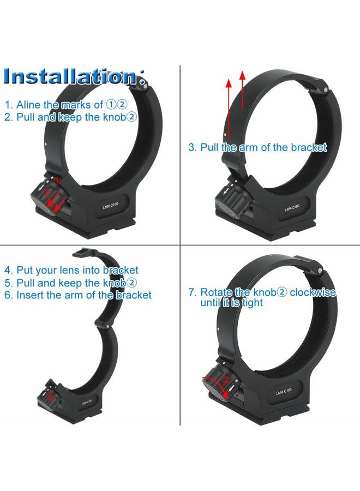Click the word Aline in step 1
click(28, 105)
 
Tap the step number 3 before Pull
click(192, 147)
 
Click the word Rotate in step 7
click(215, 292)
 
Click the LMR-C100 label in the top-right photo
click(291, 208)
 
